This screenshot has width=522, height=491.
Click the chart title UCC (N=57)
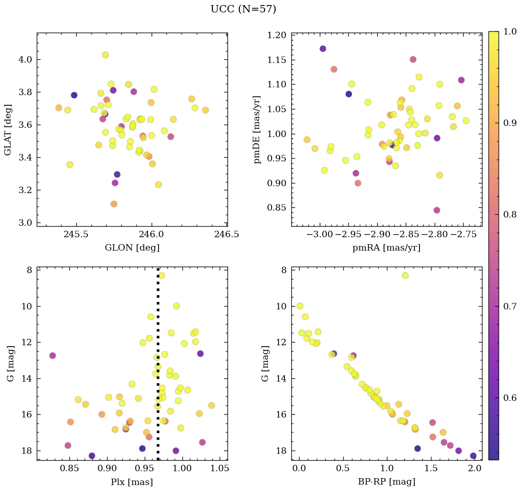point(243,9)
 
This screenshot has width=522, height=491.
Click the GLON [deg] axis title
point(132,248)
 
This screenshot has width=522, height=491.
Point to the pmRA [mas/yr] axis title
point(386,248)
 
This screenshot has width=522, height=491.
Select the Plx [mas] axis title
point(132,482)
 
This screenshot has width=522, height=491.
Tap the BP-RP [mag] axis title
point(386,482)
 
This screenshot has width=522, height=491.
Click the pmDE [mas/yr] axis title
point(257,129)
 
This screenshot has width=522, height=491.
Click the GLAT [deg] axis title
point(8,129)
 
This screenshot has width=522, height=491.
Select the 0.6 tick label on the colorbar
point(509,398)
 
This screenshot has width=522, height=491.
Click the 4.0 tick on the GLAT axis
point(25,60)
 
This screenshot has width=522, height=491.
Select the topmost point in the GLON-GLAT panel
point(105,55)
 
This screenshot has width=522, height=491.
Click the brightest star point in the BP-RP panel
point(405,275)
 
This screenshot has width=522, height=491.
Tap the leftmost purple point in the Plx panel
point(52,355)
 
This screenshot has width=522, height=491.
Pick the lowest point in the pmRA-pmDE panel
point(437,210)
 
